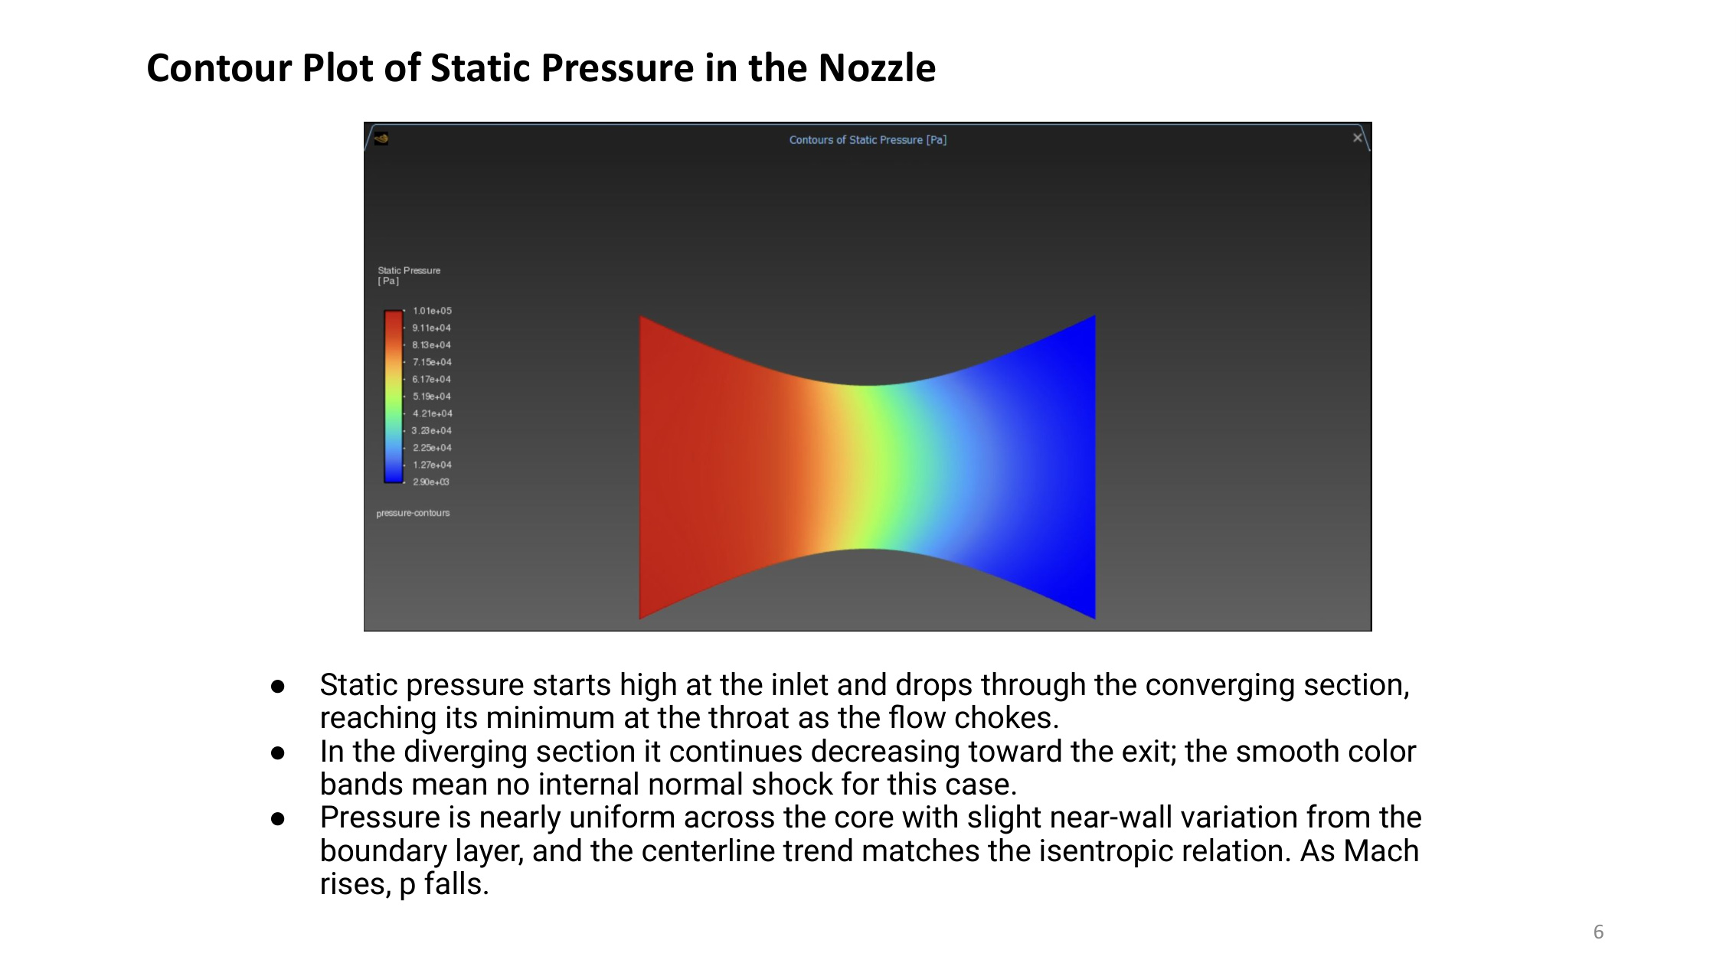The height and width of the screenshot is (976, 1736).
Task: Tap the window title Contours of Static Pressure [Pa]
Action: click(868, 140)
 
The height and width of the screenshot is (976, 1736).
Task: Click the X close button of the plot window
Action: click(1357, 138)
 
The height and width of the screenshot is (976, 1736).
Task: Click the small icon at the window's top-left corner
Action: click(381, 139)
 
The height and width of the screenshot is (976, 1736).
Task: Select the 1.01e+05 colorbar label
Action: click(432, 311)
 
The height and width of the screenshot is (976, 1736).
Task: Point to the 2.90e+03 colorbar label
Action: click(431, 482)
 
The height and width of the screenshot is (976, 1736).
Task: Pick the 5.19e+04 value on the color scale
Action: click(432, 397)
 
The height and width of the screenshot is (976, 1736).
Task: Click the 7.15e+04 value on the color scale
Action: click(432, 362)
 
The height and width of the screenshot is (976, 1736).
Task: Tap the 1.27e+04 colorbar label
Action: click(432, 465)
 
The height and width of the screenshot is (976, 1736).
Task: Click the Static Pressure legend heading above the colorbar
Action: click(409, 271)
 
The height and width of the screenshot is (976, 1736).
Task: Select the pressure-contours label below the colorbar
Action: click(413, 513)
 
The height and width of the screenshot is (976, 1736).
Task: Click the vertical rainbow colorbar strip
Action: click(394, 397)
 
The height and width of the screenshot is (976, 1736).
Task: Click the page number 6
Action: click(1598, 932)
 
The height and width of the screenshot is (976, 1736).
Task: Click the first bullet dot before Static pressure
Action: click(278, 687)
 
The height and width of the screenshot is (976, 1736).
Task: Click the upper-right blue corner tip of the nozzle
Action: click(1093, 318)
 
